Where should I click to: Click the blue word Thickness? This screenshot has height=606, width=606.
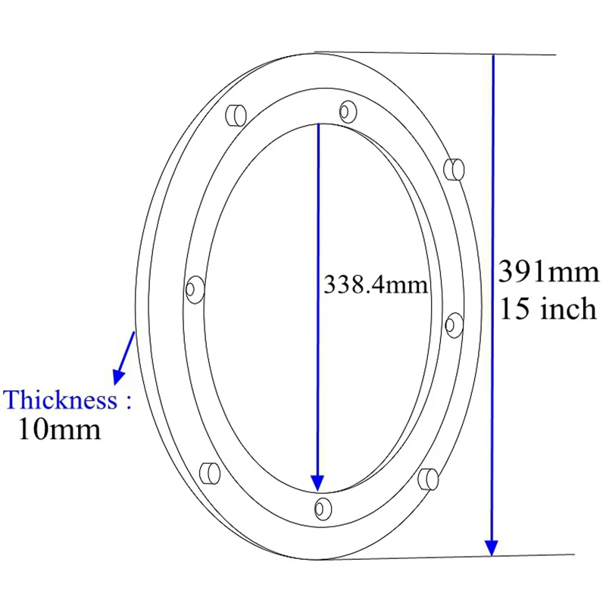[61, 399]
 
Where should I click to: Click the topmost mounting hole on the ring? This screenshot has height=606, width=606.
[348, 111]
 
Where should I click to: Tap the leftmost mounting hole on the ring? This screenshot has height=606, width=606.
[193, 288]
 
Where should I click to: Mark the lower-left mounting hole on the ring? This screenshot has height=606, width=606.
[209, 473]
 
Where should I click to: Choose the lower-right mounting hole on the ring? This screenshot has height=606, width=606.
[428, 478]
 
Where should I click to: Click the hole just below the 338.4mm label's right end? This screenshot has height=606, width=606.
[452, 324]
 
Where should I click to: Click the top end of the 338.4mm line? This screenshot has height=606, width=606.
[318, 125]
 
